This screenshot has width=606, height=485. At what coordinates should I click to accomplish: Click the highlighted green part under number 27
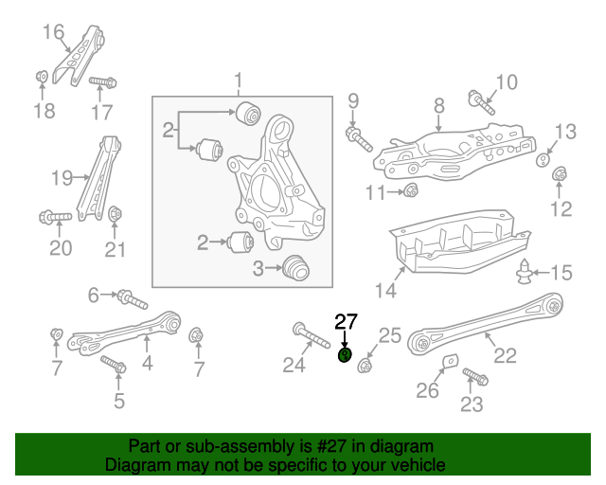coord(346,355)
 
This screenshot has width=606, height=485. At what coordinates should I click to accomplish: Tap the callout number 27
coord(346,323)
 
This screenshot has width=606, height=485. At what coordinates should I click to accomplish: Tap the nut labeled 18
coord(42,77)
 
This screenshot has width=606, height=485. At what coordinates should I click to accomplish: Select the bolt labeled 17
coord(102,83)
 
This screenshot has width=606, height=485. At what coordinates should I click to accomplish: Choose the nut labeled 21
coord(115,214)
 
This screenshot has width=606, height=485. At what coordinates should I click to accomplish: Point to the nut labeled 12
coord(559,174)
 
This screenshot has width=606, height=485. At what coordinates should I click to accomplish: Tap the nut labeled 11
coord(411,192)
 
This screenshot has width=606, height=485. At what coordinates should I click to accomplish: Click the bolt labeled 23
coord(474,379)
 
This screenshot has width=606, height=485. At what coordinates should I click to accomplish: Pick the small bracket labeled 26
coord(452,363)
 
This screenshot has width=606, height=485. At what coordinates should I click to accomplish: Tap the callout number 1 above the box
coord(239,81)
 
